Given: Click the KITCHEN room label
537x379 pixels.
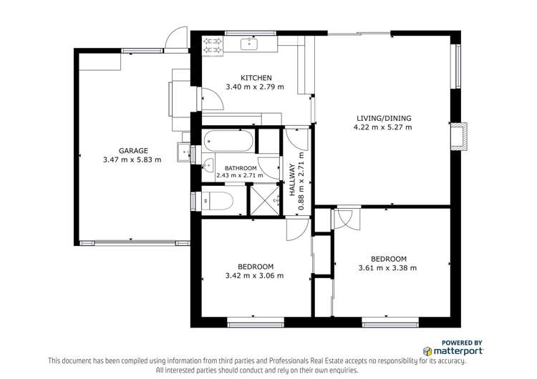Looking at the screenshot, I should coord(255,77).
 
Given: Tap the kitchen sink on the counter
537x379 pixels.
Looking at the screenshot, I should coord(248,43).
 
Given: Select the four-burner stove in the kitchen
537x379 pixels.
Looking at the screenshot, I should coord(213,45).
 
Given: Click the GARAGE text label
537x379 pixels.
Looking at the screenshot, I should coord(133,150).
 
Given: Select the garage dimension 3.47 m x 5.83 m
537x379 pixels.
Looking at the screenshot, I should coord(132,160).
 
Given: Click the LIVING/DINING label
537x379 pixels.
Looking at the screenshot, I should coord(383,118).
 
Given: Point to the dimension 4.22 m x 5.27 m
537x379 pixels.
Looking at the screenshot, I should coord(383,127).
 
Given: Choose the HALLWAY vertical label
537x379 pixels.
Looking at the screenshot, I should coord(292,180).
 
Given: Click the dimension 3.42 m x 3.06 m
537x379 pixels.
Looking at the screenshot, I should coord(254,275).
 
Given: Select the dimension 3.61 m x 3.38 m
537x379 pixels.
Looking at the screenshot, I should coord(387,268).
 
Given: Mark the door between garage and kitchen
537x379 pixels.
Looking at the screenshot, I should coord(211,98).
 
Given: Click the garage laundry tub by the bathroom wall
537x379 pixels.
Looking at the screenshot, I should coord(184,152).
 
